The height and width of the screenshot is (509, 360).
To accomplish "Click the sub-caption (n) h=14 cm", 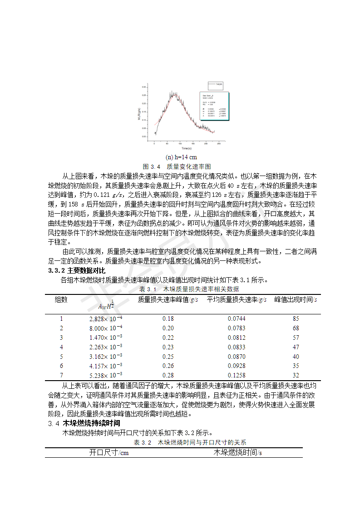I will [x=180, y=157].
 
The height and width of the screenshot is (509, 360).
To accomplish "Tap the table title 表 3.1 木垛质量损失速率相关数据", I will [x=188, y=289].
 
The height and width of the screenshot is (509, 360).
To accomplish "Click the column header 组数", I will [x=61, y=299].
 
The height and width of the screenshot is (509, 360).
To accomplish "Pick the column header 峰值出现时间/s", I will [x=296, y=299].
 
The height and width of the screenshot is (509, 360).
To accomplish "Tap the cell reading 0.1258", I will [x=237, y=375].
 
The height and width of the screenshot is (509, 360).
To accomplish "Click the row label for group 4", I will [x=61, y=347].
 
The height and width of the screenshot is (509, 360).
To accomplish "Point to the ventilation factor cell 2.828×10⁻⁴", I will [x=106, y=319].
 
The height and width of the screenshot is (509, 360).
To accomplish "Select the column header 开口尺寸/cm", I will [x=108, y=453].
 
